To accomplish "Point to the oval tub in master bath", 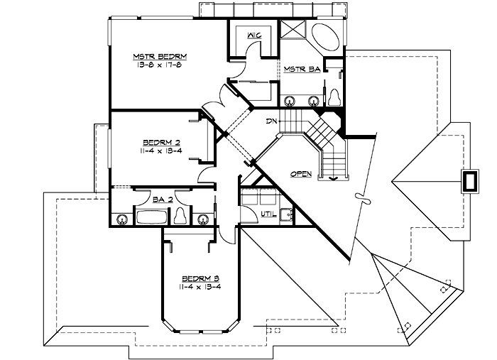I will click(325, 36).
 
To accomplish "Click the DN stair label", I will click(271, 121).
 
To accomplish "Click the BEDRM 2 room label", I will click(160, 142).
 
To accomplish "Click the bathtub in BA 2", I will click(152, 217).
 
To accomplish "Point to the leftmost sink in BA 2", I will click(121, 219).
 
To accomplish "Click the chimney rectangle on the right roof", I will click(470, 182).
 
